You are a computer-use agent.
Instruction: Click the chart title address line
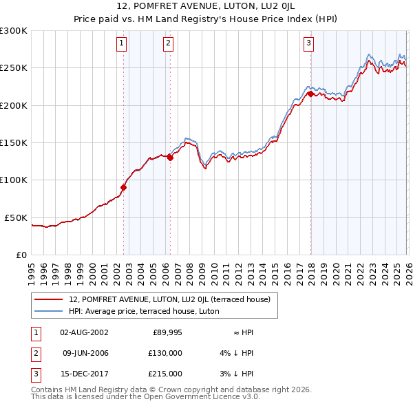pos(206,6)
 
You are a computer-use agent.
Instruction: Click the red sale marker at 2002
pos(124,186)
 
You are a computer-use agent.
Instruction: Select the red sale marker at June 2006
pos(170,157)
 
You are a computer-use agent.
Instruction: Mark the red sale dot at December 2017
pos(310,94)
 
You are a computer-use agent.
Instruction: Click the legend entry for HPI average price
pos(144,311)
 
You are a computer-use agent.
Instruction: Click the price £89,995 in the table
pos(167,332)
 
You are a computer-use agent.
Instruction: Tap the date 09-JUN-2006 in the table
pos(85,353)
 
